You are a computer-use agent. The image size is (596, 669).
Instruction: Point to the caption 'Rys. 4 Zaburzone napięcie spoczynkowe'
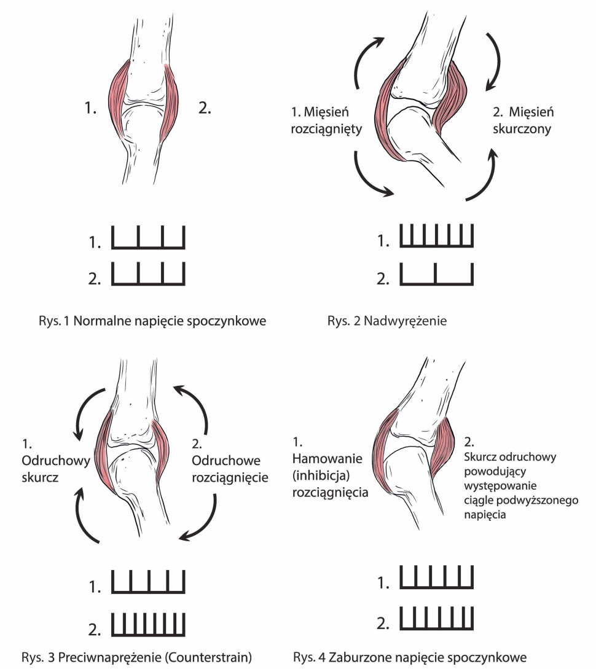pos(410,657)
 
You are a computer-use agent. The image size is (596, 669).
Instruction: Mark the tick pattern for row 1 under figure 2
pos(437,237)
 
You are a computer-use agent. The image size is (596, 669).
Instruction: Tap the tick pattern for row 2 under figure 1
pos(148,275)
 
